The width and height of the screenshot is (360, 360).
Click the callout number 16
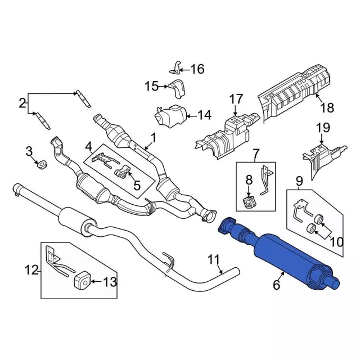tap(197, 69)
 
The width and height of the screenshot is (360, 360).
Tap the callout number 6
tap(276, 285)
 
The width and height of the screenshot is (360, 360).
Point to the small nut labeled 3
tap(41, 165)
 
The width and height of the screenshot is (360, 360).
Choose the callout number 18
tap(327, 107)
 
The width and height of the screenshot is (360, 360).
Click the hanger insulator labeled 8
tap(249, 201)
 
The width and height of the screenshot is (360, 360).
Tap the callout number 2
tap(22, 103)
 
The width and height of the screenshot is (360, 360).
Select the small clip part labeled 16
tap(175, 69)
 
